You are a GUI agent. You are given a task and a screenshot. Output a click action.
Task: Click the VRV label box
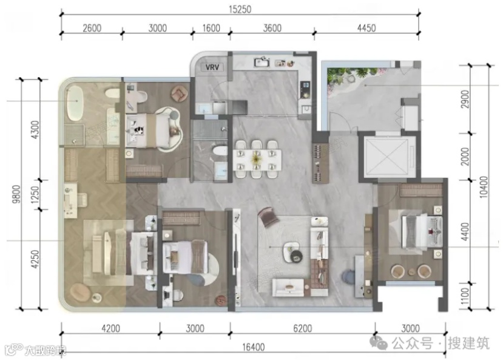pyautogui.click(x=212, y=67)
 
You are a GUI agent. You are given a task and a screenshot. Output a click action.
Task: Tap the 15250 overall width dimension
pyautogui.click(x=240, y=9)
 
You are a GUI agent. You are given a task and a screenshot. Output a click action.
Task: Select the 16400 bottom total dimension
pyautogui.click(x=254, y=347)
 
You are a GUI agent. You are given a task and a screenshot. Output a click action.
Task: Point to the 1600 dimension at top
pyautogui.click(x=211, y=28)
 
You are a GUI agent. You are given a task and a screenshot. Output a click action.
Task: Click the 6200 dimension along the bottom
pyautogui.click(x=303, y=328)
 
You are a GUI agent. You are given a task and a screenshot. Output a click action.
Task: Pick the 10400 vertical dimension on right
pyautogui.click(x=484, y=187)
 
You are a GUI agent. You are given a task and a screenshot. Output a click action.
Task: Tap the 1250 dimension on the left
pyautogui.click(x=35, y=195)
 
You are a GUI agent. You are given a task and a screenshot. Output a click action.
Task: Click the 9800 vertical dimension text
pyautogui.click(x=16, y=194)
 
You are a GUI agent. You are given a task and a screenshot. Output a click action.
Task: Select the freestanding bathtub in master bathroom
pyautogui.click(x=75, y=103)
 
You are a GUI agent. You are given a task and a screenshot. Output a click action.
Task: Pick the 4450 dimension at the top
pyautogui.click(x=366, y=28)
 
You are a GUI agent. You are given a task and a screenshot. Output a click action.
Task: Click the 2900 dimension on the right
pyautogui.click(x=465, y=99)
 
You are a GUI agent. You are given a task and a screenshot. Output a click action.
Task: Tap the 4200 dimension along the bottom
pyautogui.click(x=110, y=328)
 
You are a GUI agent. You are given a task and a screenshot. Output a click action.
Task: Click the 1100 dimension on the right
pyautogui.click(x=465, y=297)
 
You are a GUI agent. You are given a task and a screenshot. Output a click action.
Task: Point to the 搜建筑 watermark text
pyautogui.click(x=468, y=343)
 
